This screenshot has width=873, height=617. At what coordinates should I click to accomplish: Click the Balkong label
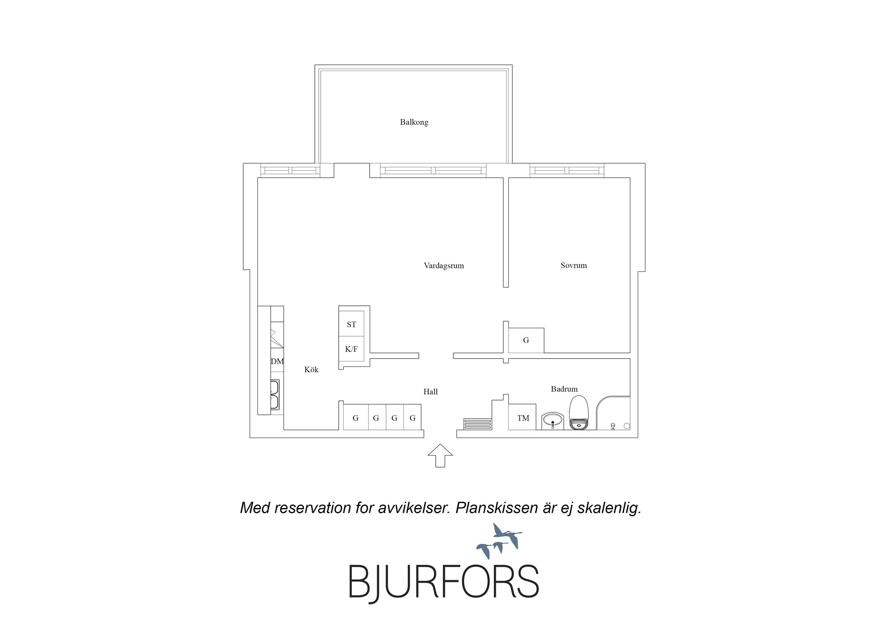click(x=414, y=122)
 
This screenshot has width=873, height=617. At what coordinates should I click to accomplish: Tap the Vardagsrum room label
click(x=444, y=266)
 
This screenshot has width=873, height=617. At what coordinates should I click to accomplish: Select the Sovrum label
click(x=574, y=265)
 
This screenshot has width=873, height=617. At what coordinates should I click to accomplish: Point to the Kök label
click(x=311, y=369)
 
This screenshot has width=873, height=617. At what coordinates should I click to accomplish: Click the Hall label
click(x=430, y=391)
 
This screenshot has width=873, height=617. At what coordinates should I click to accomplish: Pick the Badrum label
click(x=564, y=389)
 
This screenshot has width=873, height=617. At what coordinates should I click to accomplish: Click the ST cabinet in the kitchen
click(x=351, y=324)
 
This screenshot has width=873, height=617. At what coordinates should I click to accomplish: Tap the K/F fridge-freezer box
click(x=351, y=348)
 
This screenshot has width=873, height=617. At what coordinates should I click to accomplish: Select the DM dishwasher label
click(x=277, y=361)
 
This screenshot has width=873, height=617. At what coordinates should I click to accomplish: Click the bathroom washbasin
click(x=552, y=421)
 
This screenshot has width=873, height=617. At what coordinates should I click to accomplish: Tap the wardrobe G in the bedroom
click(x=526, y=340)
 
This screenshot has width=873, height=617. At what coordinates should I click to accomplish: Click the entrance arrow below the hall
click(x=440, y=455)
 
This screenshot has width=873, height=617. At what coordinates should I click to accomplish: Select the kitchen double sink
click(x=275, y=394)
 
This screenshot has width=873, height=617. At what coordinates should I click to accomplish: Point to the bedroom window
click(x=567, y=170)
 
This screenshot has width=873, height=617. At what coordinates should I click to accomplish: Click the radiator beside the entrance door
click(x=478, y=424)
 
